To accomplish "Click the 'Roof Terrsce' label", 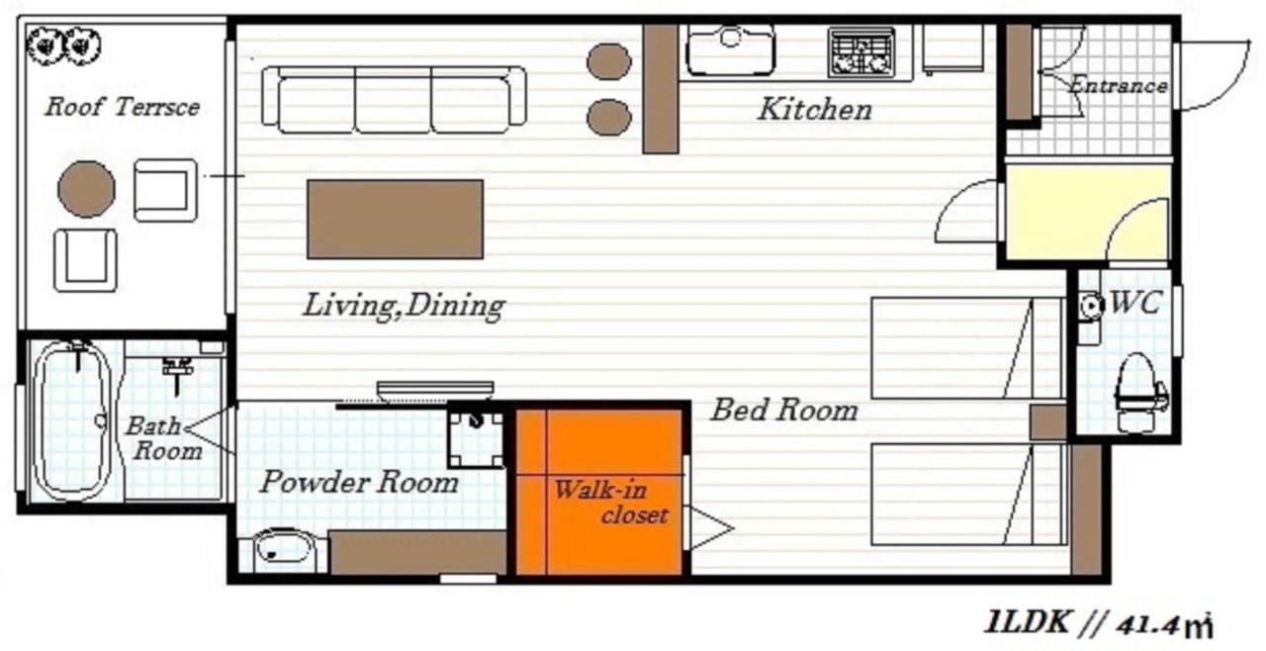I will (x=121, y=107).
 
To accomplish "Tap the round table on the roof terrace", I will (x=86, y=189).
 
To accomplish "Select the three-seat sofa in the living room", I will (x=394, y=100).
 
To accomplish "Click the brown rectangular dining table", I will (x=395, y=219).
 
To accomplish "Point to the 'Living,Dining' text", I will (x=404, y=306).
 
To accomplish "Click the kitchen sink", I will (x=730, y=49).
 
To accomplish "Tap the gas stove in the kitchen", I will (x=860, y=53).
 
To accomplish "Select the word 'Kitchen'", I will (x=814, y=109).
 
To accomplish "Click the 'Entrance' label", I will (x=1118, y=86).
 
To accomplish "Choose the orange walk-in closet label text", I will (x=610, y=502).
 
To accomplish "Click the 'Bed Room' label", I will (x=783, y=409).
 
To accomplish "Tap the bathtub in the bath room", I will (x=73, y=419).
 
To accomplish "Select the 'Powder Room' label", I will (x=358, y=483).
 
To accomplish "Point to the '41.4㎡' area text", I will (x=1164, y=624).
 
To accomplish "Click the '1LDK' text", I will (x=1026, y=623).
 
